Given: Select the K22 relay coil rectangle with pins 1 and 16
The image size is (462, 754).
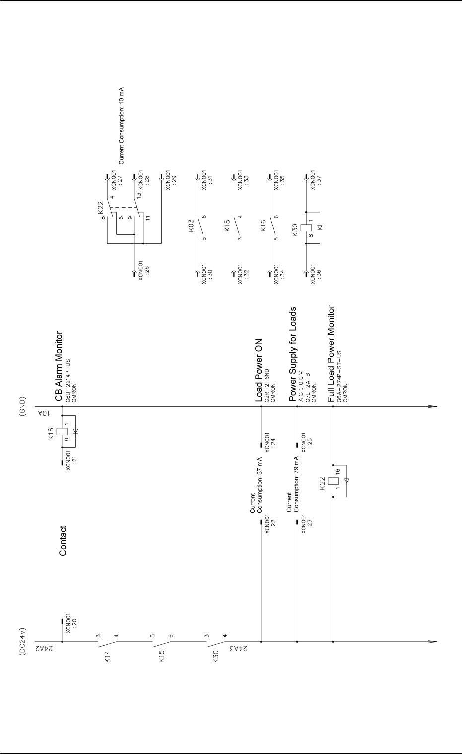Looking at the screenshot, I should pyautogui.click(x=334, y=481).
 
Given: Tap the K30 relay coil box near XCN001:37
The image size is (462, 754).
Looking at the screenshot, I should pyautogui.click(x=307, y=227).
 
